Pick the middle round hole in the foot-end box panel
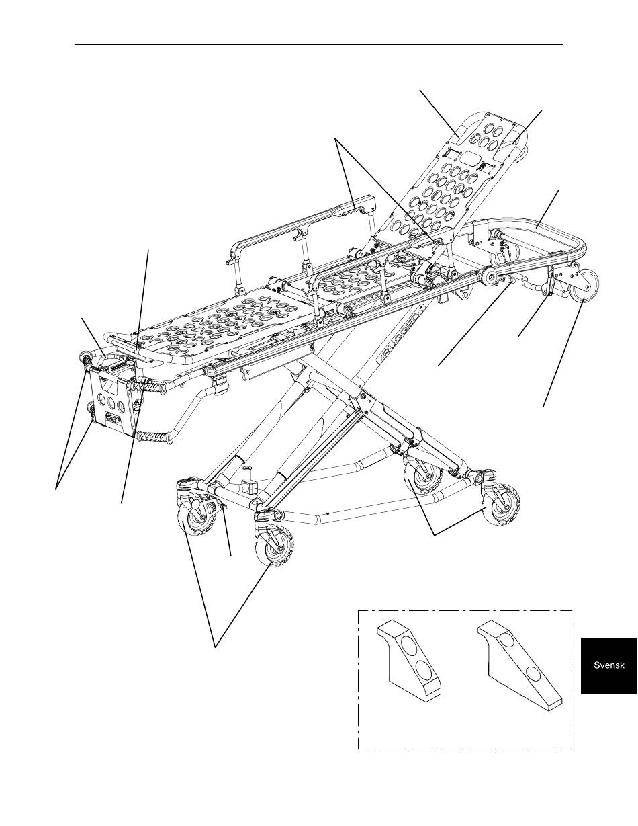tap(111, 403)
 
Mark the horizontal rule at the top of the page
tap(318, 45)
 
